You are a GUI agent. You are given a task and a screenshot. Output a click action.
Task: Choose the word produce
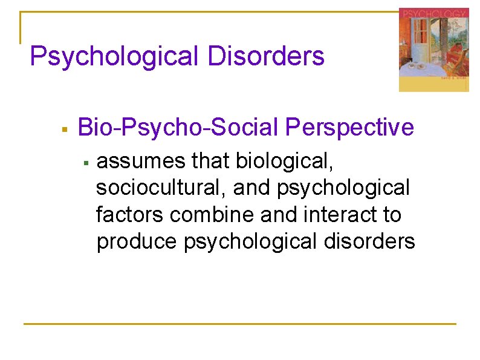[x=137, y=241]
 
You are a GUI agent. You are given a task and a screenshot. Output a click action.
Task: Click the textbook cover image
[x=433, y=50]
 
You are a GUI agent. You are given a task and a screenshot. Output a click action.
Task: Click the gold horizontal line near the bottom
[x=239, y=324]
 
